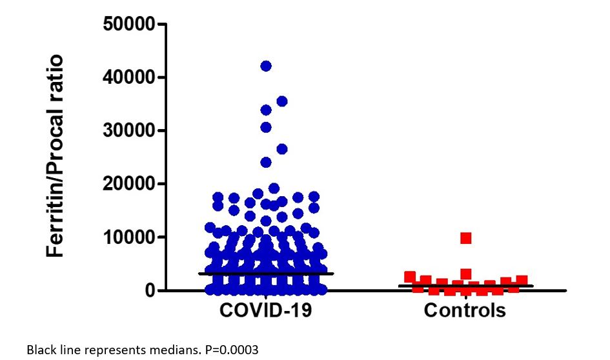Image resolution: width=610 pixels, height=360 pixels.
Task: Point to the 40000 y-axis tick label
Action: point(129,77)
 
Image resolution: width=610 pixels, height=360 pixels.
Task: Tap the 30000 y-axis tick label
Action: point(129,131)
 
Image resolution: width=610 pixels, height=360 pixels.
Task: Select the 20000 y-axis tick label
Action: point(129,184)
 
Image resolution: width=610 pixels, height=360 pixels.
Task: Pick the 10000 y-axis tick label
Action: point(129,237)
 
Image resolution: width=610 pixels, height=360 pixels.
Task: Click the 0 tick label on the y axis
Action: point(150,290)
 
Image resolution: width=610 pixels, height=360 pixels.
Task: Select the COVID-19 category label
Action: point(266,310)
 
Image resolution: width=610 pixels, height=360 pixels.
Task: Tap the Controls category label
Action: point(465,310)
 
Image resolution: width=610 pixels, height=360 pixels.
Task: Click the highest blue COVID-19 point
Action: point(266,66)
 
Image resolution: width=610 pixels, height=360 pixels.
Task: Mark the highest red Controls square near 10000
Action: point(465,238)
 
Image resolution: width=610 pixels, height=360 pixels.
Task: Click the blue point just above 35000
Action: point(281,101)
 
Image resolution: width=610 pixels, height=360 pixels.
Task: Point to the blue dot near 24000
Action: point(266,162)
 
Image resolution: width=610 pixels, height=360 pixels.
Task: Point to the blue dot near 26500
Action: point(281,149)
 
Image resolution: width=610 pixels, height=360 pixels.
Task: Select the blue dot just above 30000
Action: point(266,127)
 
